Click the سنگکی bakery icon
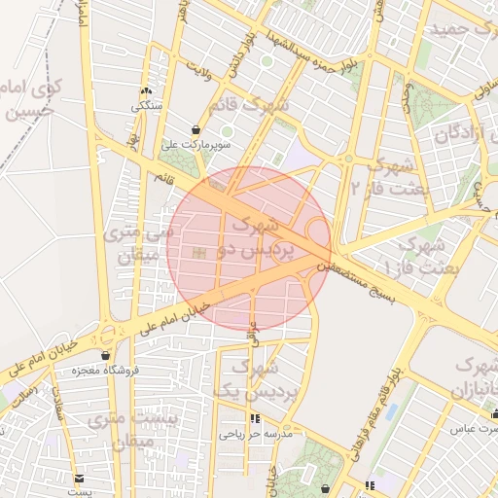coord(147,90)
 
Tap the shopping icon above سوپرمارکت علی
coord(196,129)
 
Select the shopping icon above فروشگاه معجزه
coord(105,356)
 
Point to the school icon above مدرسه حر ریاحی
coord(255,419)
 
